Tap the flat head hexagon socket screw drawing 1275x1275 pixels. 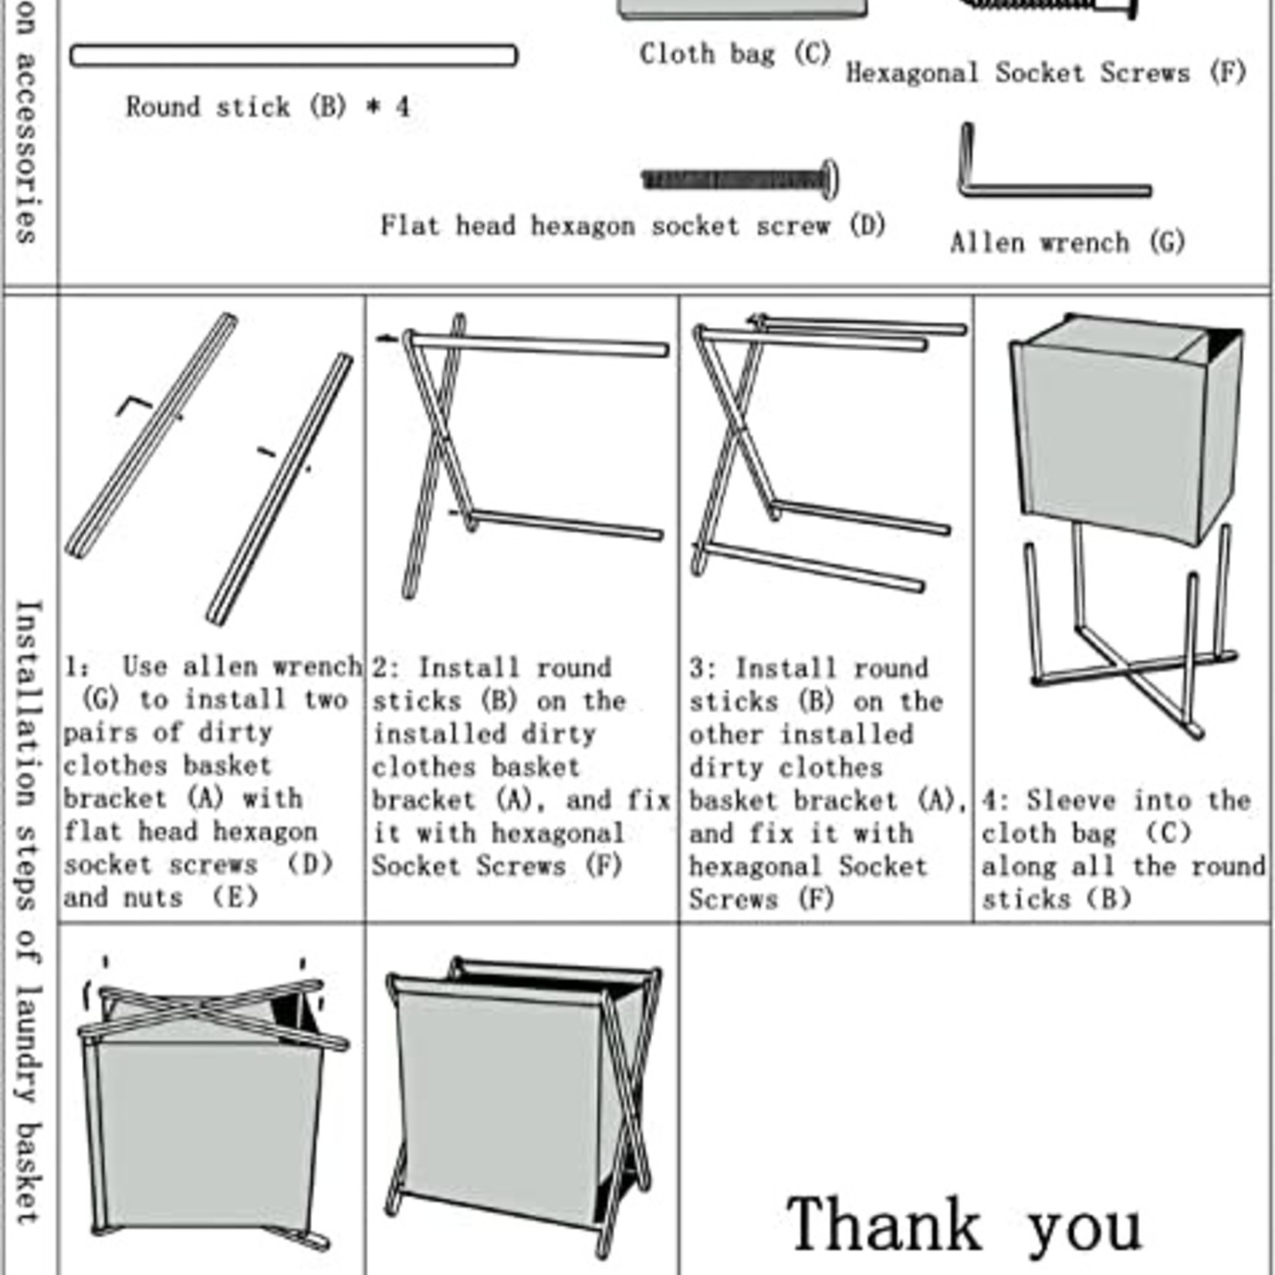(739, 180)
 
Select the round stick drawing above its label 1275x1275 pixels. (293, 56)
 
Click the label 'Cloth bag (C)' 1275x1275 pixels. (734, 54)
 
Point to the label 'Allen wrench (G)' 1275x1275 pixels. (1067, 242)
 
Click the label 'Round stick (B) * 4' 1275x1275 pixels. (268, 107)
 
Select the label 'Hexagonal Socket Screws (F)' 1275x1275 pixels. (1046, 73)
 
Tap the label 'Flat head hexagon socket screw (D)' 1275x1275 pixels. (633, 225)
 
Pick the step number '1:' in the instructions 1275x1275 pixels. (76, 667)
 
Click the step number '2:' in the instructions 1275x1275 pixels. (386, 668)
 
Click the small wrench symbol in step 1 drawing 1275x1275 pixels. (134, 404)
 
